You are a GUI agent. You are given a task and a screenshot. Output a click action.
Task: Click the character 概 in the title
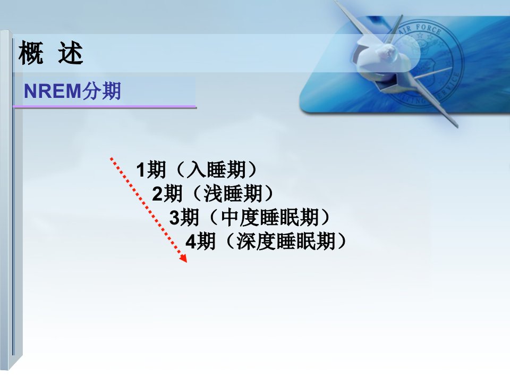point(31,53)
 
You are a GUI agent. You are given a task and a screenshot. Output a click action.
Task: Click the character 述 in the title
point(71,53)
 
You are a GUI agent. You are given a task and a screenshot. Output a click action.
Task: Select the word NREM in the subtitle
point(53,91)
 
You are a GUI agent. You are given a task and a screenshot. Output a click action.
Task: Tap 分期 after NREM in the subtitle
point(101,91)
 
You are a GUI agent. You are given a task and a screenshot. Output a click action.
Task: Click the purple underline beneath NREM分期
point(105,106)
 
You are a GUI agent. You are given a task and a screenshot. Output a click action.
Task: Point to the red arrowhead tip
point(186,262)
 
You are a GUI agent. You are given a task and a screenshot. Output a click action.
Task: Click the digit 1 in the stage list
point(141,170)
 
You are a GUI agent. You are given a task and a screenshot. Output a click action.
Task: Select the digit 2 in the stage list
point(157,194)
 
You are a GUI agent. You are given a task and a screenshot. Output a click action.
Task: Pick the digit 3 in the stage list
point(174,218)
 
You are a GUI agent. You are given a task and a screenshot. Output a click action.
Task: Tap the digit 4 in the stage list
point(191,242)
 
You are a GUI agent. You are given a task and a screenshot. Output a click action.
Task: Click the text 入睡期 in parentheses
point(217,170)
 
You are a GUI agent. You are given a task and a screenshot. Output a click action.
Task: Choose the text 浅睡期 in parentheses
point(233,194)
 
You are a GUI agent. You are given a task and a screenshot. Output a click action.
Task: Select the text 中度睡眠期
point(270,217)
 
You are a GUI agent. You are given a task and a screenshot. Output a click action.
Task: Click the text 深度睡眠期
point(286,242)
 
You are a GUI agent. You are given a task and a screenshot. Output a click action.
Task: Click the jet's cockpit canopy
point(388,51)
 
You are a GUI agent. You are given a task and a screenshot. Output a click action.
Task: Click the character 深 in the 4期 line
point(246,242)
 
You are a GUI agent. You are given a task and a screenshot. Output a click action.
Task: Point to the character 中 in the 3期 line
point(230,217)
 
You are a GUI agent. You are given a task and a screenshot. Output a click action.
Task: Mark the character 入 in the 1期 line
point(197,170)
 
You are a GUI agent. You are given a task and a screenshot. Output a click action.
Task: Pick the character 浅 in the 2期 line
point(214,194)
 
